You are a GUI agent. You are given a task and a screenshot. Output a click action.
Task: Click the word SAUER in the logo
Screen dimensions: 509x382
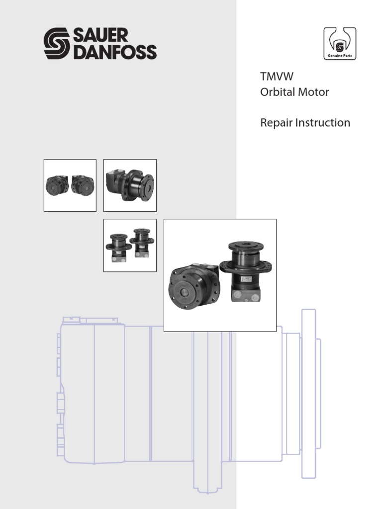click(101, 36)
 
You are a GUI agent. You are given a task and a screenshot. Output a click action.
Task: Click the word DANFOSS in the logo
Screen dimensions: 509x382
click(115, 52)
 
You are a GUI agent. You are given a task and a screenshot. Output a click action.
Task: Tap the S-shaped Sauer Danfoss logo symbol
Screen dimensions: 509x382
click(57, 44)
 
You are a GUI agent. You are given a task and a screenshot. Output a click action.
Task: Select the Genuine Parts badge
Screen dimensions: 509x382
click(340, 44)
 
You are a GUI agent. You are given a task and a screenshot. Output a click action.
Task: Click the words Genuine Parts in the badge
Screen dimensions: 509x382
click(340, 56)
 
